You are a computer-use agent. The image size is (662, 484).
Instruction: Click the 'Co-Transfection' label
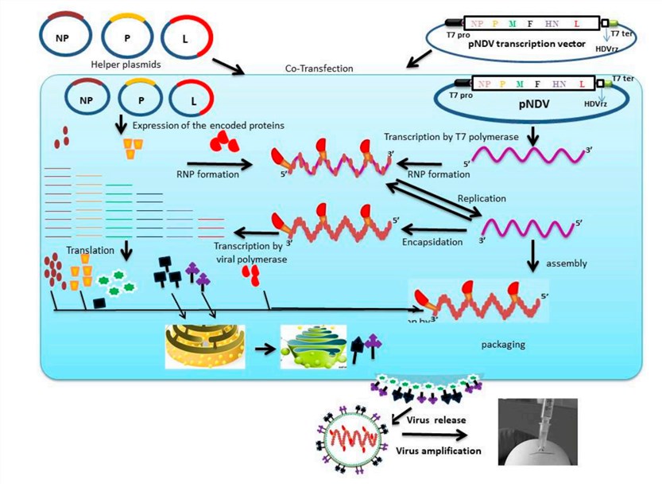click(x=319, y=69)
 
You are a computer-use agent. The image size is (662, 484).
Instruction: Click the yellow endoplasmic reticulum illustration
click(x=203, y=346)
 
